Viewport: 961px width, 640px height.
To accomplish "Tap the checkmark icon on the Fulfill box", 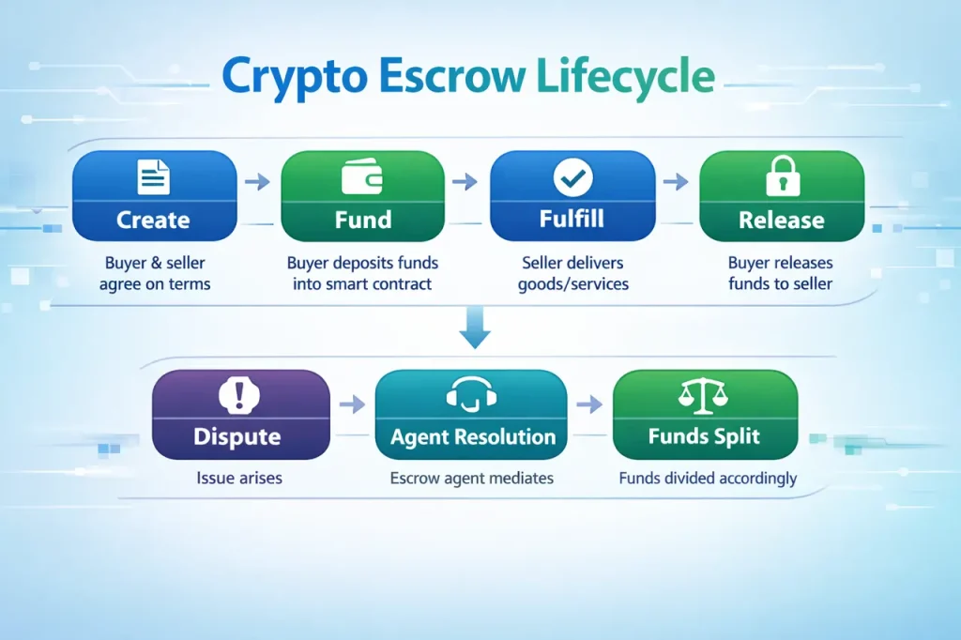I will pyautogui.click(x=571, y=175).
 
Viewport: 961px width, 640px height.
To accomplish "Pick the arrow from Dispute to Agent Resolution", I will pyautogui.click(x=352, y=404).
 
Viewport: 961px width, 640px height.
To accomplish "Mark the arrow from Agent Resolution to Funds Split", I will pyautogui.click(x=589, y=404).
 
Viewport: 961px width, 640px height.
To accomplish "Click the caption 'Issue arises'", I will pyautogui.click(x=239, y=479).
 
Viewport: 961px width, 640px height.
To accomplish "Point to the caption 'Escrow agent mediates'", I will pyautogui.click(x=471, y=479).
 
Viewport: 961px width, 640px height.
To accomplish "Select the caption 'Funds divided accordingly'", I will pyautogui.click(x=708, y=479).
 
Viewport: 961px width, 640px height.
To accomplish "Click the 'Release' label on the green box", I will pyautogui.click(x=781, y=221).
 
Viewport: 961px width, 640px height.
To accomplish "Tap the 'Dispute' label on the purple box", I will pyautogui.click(x=236, y=436).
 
